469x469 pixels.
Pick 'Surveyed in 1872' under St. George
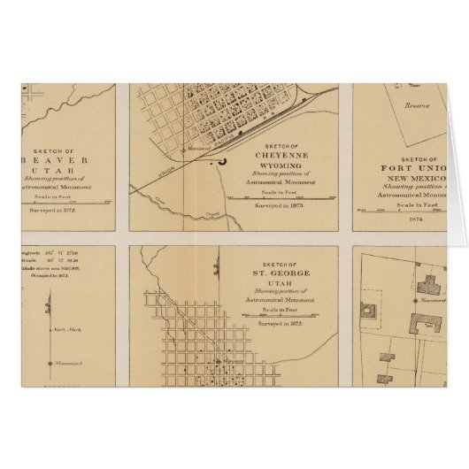click(x=281, y=325)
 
